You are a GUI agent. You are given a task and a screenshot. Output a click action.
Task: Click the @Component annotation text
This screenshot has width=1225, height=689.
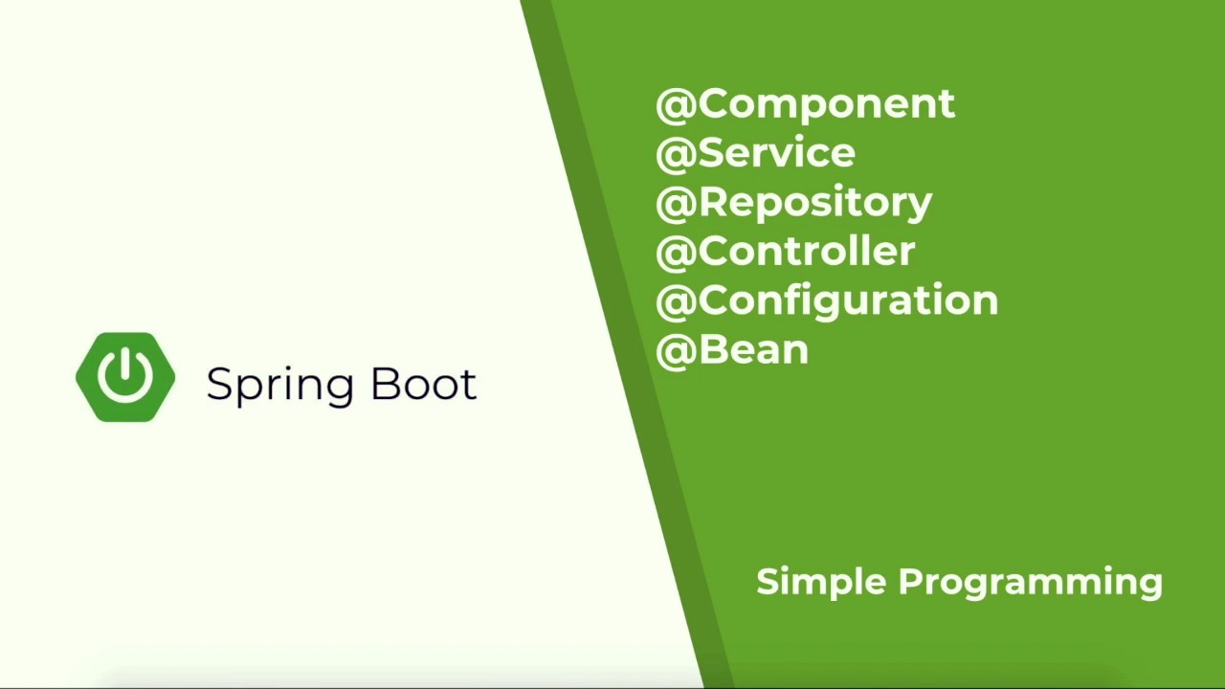point(805,104)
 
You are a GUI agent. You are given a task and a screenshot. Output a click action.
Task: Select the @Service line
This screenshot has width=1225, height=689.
point(756,153)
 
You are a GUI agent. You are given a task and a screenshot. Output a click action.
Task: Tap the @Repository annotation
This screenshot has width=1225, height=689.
point(793,203)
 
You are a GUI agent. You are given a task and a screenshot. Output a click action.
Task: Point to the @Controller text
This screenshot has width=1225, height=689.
point(786,252)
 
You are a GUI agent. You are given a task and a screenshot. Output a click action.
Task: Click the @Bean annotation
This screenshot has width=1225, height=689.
point(732,350)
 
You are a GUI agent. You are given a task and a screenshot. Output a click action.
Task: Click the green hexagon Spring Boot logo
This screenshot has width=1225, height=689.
point(125,377)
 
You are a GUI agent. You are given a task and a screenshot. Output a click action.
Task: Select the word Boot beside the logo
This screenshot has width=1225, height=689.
point(423,384)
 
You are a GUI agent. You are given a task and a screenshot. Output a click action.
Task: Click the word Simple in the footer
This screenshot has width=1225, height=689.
point(821,582)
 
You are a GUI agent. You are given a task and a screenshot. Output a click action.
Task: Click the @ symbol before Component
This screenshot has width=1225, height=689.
point(676,105)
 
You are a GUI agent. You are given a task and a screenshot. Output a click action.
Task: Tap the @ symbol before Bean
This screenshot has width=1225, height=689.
point(676,351)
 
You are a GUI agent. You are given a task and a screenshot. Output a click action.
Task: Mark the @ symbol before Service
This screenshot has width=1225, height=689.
point(676,154)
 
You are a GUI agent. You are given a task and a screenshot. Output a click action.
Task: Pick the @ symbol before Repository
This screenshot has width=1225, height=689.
point(676,204)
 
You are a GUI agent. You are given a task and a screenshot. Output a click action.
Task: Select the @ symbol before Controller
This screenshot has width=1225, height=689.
point(676,253)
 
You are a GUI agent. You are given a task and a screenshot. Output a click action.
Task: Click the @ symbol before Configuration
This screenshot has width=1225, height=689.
point(676,302)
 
